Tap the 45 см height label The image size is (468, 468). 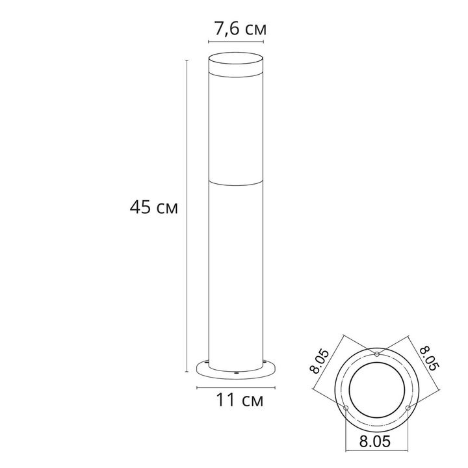(153, 208)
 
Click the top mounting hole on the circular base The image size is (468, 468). (378, 354)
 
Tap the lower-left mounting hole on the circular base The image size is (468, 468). (346, 408)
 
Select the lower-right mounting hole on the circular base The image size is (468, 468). (409, 408)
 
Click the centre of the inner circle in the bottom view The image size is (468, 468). (377, 390)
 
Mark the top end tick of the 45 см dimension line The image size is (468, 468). (187, 60)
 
